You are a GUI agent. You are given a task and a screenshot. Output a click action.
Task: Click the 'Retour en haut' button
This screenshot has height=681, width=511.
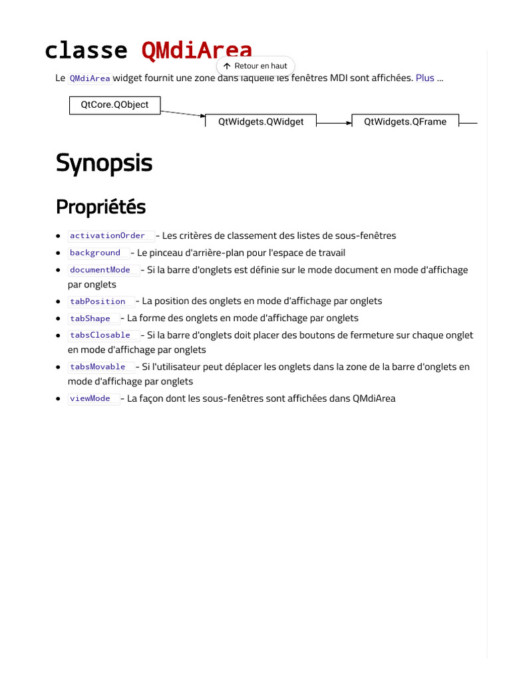coord(255,66)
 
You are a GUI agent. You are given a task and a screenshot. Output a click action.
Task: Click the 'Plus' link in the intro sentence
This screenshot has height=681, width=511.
coord(425,78)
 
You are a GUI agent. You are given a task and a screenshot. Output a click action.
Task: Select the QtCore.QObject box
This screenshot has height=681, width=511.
coord(114,104)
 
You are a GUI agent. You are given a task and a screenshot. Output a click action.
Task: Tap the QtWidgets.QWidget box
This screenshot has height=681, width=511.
coord(261,122)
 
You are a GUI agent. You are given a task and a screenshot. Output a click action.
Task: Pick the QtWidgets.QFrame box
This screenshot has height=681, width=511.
coord(405,122)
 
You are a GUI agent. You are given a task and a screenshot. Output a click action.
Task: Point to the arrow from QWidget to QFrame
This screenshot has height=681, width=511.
coord(334,123)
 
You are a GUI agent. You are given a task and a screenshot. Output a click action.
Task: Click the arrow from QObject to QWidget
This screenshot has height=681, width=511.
coord(183,114)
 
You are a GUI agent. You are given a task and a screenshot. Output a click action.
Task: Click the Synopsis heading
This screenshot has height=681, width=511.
coord(104,163)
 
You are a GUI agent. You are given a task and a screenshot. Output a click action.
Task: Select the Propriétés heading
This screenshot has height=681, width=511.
coord(100,207)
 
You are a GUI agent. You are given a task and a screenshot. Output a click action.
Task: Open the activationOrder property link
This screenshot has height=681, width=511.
coord(107,235)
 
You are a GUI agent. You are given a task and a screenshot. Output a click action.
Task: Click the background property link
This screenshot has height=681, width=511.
coord(95,253)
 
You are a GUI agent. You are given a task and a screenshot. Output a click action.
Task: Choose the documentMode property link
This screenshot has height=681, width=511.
coord(100,270)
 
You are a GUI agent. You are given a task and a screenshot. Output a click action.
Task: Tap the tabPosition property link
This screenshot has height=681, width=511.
coord(97,301)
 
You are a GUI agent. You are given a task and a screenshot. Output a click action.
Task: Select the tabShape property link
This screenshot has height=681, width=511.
coord(90,319)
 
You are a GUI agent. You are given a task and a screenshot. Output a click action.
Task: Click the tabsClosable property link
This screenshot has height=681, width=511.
coord(100,335)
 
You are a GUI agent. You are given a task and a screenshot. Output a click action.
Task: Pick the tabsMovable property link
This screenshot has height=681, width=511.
coord(97,367)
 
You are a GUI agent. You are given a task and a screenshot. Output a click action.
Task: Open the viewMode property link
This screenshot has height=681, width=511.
coord(90,398)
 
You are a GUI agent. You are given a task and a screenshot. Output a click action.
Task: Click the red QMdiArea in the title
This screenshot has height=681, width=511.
coord(197,51)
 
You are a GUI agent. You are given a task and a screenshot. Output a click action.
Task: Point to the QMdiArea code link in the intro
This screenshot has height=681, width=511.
coord(90,78)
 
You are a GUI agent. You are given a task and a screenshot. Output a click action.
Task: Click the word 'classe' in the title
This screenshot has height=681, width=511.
coord(86,51)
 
